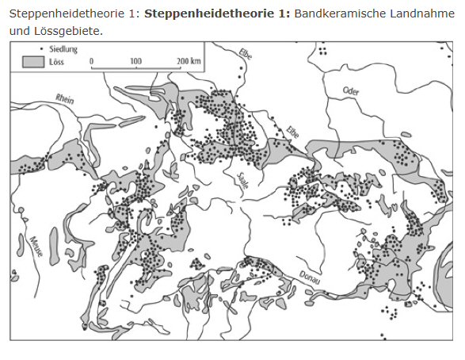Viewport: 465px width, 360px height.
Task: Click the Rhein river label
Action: [65, 100]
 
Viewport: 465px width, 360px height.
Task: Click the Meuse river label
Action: [35, 249]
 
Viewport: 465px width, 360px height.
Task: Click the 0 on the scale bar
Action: [91, 60]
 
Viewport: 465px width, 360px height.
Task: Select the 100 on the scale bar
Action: [135, 60]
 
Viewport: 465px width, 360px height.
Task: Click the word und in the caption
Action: [19, 30]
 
